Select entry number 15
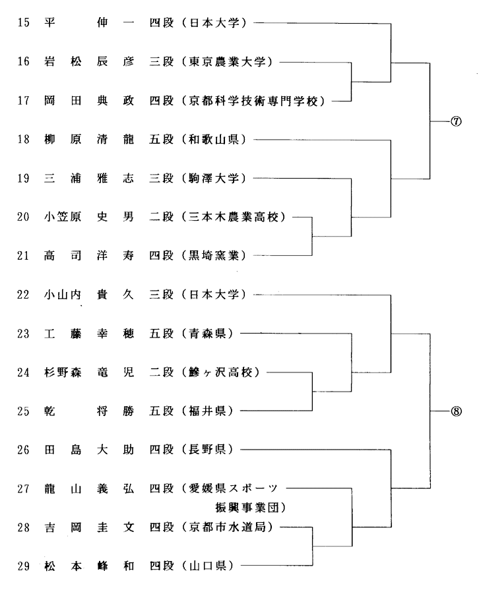(x=23, y=24)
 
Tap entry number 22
(x=23, y=295)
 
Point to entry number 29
(x=23, y=565)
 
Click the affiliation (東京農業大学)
(x=230, y=63)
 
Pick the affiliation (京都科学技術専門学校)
(x=256, y=101)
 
